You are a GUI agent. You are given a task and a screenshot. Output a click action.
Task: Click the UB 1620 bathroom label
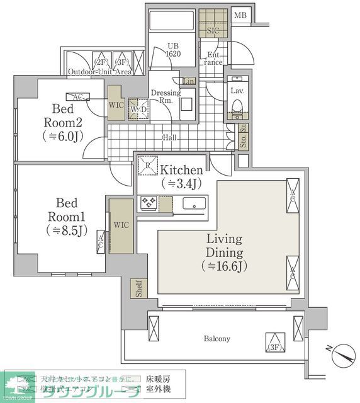pyautogui.click(x=174, y=50)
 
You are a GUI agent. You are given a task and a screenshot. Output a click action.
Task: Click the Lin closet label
pyautogui.click(x=189, y=81)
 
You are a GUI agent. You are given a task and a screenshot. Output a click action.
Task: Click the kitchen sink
pyautogui.click(x=194, y=203)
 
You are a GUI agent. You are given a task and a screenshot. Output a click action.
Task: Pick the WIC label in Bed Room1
pyautogui.click(x=121, y=225)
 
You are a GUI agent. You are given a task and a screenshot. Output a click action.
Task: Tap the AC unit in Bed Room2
pyautogui.click(x=79, y=98)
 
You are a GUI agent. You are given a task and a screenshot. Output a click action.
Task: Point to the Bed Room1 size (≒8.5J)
pyautogui.click(x=66, y=230)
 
